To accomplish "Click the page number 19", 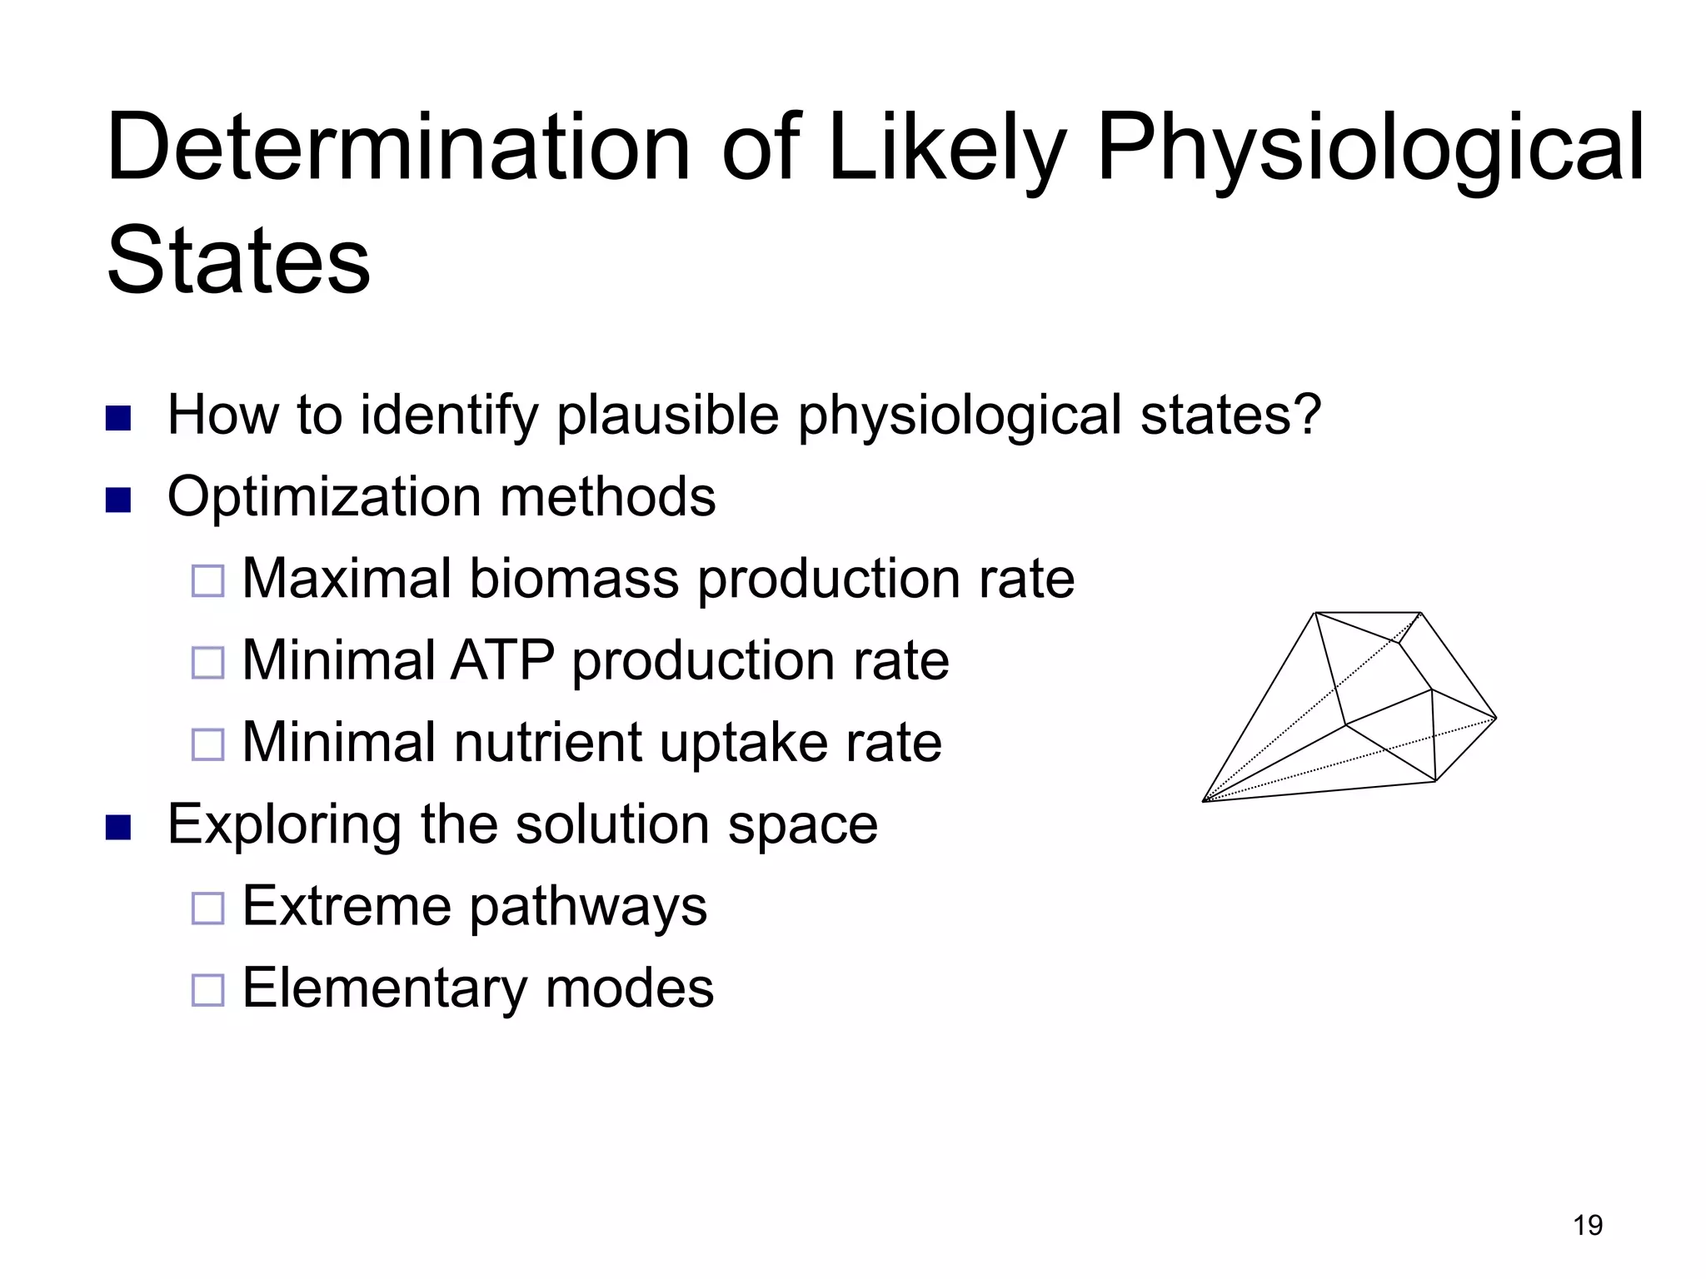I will tap(1588, 1225).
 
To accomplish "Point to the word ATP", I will tap(502, 660).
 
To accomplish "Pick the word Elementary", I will tap(384, 988).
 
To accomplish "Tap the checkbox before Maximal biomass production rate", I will tap(208, 580).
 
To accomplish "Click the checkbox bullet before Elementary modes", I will tap(208, 990).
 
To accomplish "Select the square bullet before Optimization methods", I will tap(119, 500).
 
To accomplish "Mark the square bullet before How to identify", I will tap(119, 418).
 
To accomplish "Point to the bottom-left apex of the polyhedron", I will tap(1205, 801).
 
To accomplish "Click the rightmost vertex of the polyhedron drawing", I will tap(1496, 718).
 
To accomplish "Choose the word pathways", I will tap(588, 907).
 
